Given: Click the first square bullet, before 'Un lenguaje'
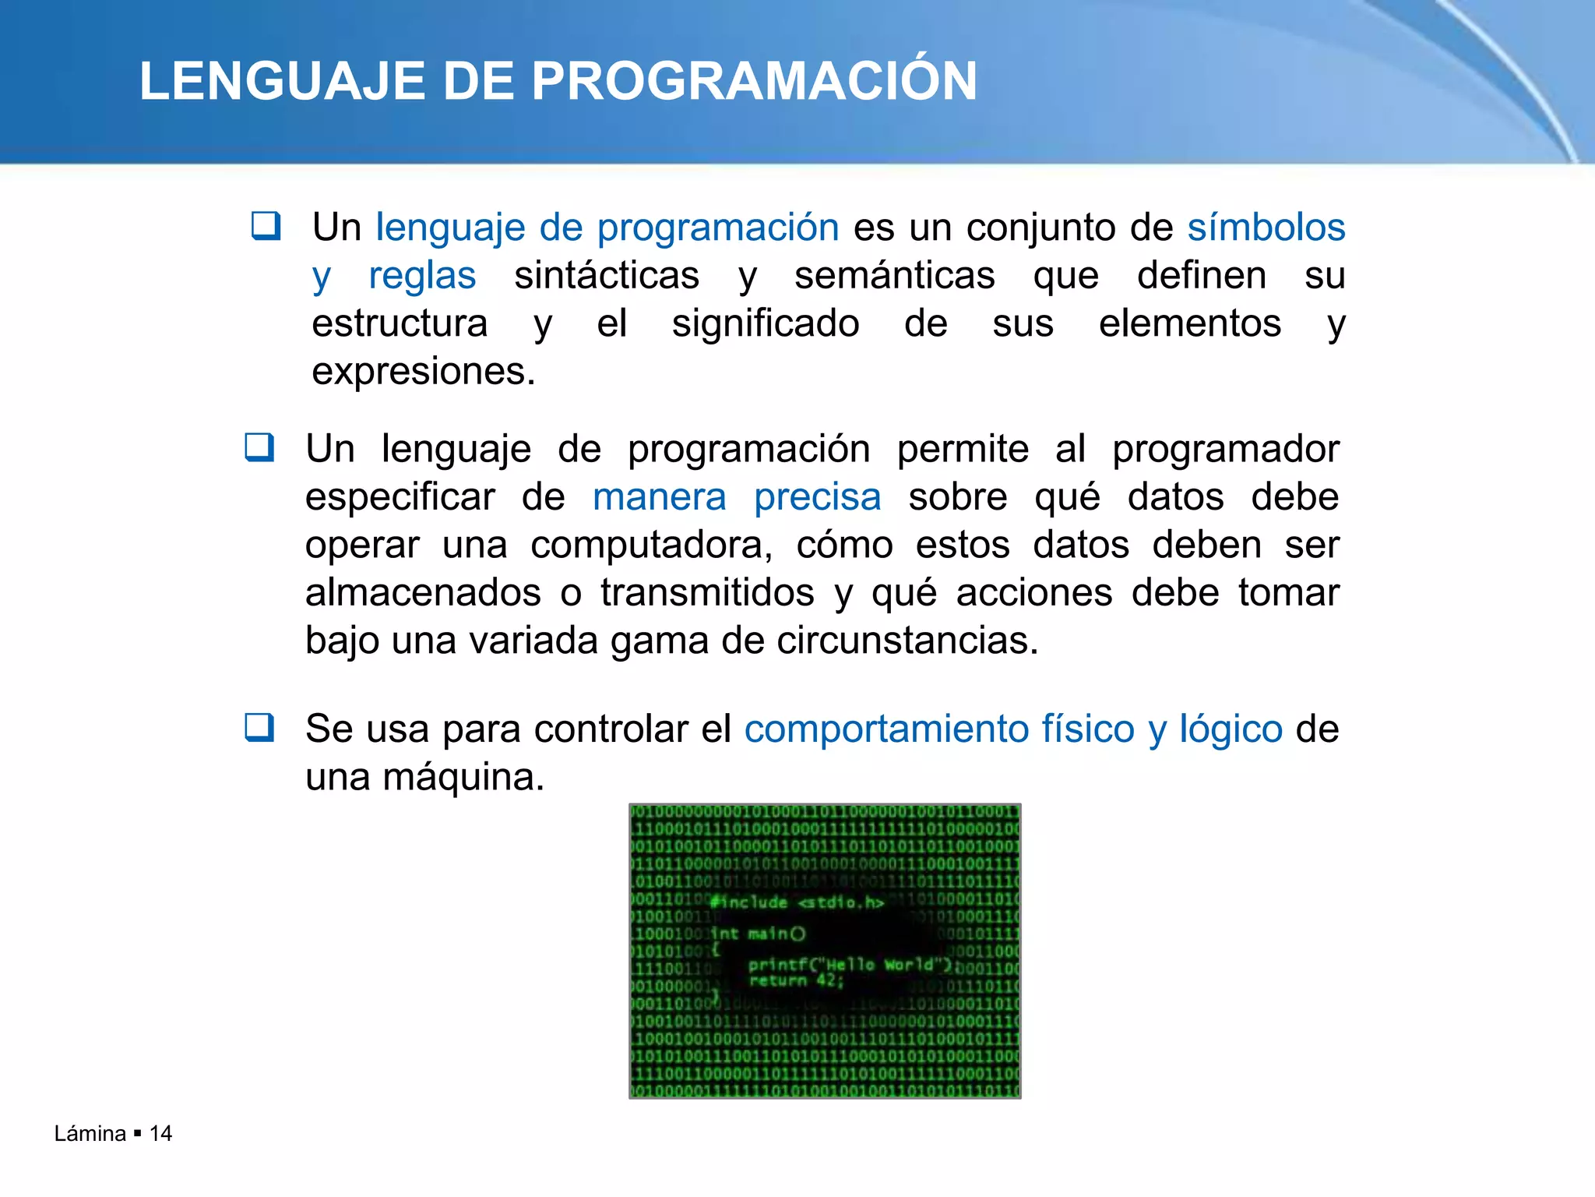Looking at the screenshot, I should pyautogui.click(x=266, y=226).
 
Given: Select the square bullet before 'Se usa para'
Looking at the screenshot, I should pyautogui.click(x=259, y=727).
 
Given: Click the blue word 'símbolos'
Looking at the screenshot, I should pyautogui.click(x=1266, y=228).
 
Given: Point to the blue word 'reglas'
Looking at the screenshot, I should pyautogui.click(x=422, y=276).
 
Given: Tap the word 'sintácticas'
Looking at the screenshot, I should pyautogui.click(x=607, y=276).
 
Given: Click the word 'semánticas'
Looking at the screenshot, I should pyautogui.click(x=895, y=276).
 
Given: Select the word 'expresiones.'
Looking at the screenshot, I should pyautogui.click(x=424, y=372).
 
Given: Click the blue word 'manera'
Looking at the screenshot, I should pyautogui.click(x=660, y=497).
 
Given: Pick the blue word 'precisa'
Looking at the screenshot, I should pyautogui.click(x=818, y=497).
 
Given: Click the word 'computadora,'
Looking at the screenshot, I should pyautogui.click(x=652, y=546).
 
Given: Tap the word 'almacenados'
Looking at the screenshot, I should pyautogui.click(x=423, y=593).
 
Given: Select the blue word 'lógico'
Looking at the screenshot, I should pyautogui.click(x=1231, y=729).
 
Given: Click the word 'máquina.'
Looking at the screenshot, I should pyautogui.click(x=463, y=777).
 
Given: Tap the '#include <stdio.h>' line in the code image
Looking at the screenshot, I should pyautogui.click(x=797, y=902).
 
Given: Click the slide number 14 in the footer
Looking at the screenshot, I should pyautogui.click(x=160, y=1133).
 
